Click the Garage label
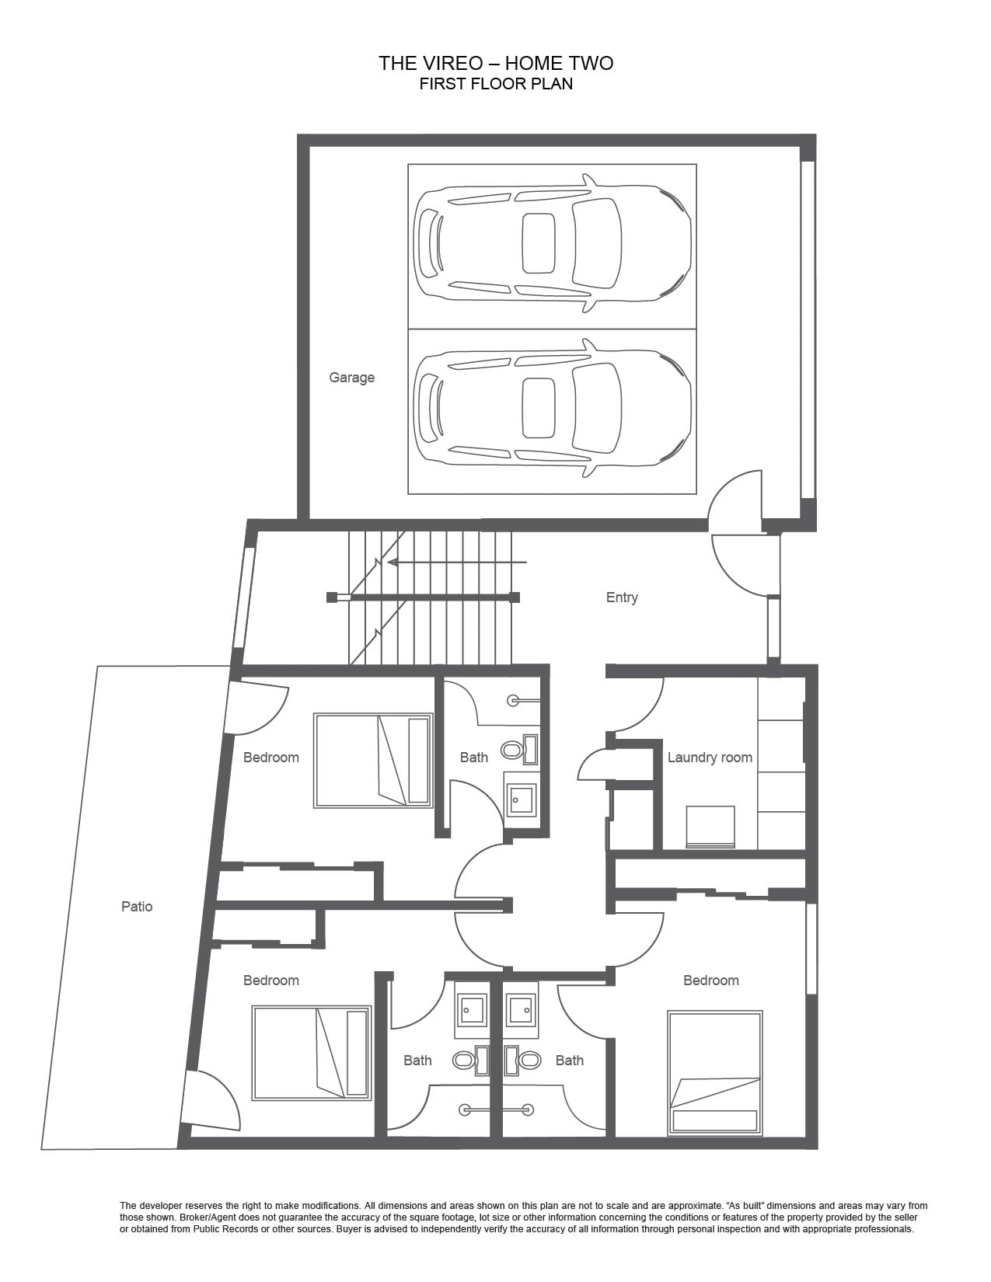click(352, 378)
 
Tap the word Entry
click(622, 597)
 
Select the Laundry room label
click(710, 758)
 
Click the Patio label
click(137, 906)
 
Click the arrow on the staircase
click(457, 563)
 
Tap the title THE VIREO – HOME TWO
click(496, 63)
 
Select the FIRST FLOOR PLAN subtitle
click(496, 84)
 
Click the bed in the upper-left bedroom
click(373, 761)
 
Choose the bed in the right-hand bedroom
click(715, 1072)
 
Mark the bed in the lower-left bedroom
click(312, 1053)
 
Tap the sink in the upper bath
click(521, 800)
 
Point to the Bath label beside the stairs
click(474, 758)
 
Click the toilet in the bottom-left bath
click(471, 1060)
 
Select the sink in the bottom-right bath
click(522, 1010)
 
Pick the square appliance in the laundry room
click(710, 827)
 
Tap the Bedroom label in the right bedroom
click(710, 981)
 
